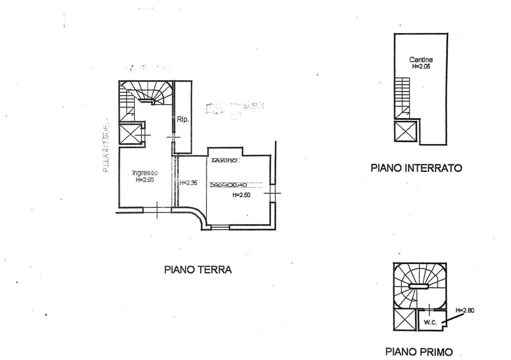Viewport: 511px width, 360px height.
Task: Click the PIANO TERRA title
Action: tap(198, 270)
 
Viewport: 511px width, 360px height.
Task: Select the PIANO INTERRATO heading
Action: tap(416, 168)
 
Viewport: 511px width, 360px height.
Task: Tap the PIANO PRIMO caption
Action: tap(419, 352)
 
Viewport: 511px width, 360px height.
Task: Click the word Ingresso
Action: tap(145, 173)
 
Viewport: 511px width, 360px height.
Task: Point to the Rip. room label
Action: tap(182, 119)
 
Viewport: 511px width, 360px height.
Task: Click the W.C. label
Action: tap(430, 322)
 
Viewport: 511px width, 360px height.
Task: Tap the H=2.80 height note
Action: tap(465, 310)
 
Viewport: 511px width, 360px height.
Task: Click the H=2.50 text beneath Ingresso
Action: tap(145, 180)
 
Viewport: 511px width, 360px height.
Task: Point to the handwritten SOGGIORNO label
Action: tap(227, 185)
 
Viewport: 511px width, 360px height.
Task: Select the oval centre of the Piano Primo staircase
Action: tap(419, 285)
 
